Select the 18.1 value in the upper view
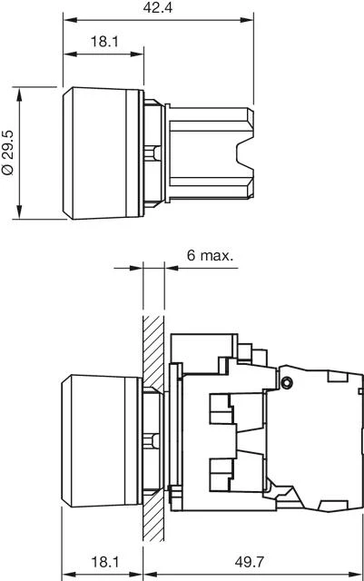[x=103, y=42]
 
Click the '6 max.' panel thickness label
[x=210, y=255]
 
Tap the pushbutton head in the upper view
[x=102, y=153]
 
